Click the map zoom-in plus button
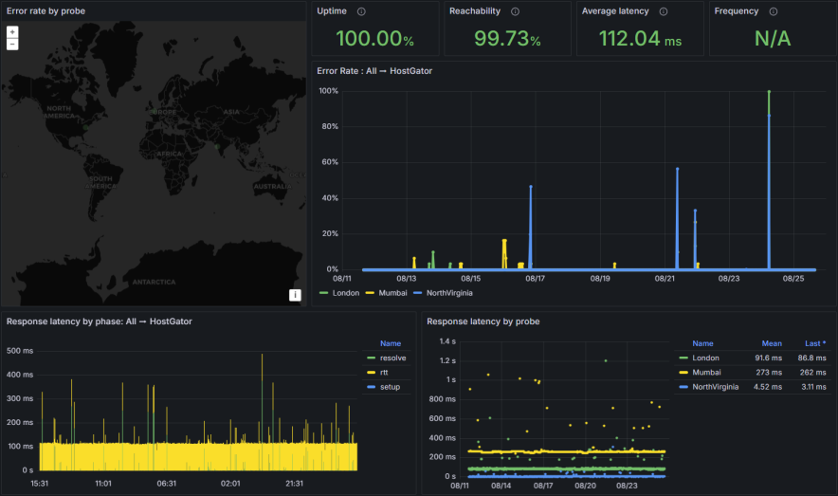[12, 31]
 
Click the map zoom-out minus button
[12, 44]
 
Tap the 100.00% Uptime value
[375, 39]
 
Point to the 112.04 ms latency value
[640, 39]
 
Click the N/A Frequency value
[772, 39]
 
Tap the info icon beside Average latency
[664, 11]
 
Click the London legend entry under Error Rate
[341, 293]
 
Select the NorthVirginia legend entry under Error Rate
[449, 293]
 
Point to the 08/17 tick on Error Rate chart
[535, 279]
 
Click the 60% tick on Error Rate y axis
[330, 162]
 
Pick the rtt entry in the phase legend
[385, 373]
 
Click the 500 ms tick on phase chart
[20, 351]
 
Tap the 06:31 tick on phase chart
[167, 483]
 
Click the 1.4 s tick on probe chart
[444, 340]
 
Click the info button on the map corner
[295, 295]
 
